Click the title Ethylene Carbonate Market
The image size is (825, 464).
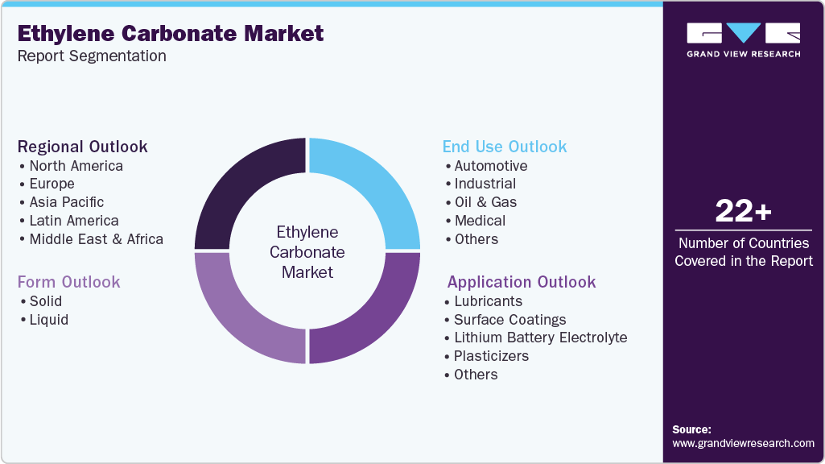click(x=171, y=33)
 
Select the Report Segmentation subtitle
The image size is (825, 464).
click(x=92, y=56)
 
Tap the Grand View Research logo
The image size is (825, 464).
click(x=743, y=39)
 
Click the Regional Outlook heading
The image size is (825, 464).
click(x=83, y=147)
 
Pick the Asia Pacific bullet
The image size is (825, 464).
click(x=66, y=202)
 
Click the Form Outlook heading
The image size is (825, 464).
click(x=69, y=282)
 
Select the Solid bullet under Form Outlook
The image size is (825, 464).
click(x=45, y=301)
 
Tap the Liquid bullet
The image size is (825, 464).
click(x=48, y=320)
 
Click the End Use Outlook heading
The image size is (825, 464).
click(x=505, y=147)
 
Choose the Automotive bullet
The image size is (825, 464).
click(x=490, y=166)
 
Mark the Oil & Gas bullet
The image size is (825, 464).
click(x=485, y=202)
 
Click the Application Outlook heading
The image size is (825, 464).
click(x=522, y=282)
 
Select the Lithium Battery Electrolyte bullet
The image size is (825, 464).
click(x=540, y=338)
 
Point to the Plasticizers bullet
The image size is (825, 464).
click(x=491, y=356)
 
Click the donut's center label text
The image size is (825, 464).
click(x=307, y=252)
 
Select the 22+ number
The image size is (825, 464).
click(x=743, y=211)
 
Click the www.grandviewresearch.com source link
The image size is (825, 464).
click(x=743, y=443)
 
